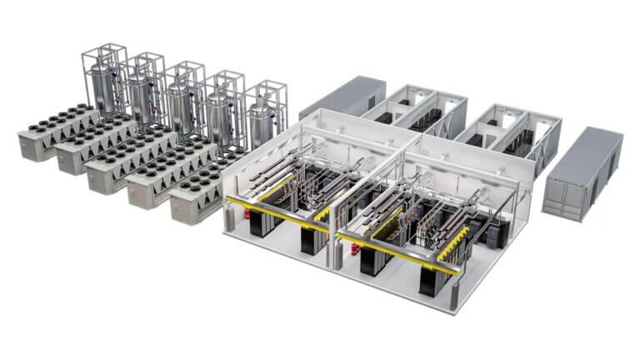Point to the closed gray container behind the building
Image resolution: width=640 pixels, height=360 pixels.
tap(342, 98)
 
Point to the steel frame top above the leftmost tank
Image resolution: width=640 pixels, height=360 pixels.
tap(104, 50)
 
